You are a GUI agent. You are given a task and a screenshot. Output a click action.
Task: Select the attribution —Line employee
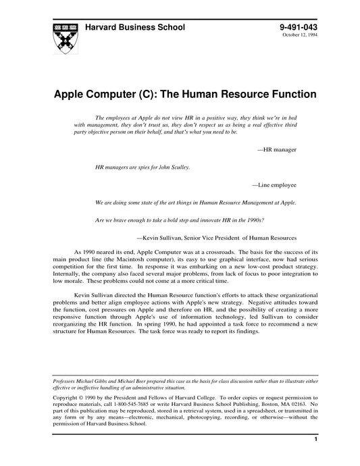[x=274, y=183]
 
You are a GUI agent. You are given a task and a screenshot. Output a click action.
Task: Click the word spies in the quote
[x=143, y=165]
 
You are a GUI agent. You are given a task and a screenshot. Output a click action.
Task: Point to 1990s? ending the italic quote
[x=252, y=219]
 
